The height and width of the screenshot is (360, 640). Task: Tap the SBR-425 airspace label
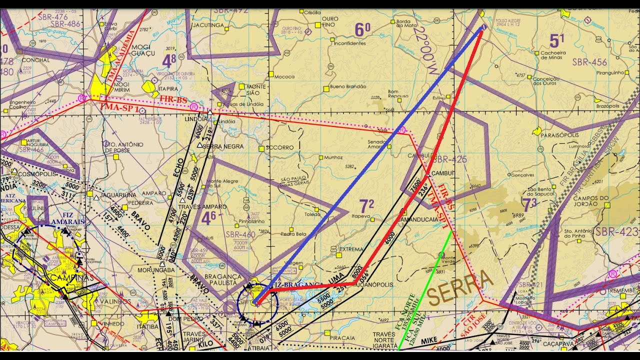click(x=448, y=159)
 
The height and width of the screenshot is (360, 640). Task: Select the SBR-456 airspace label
click(x=590, y=62)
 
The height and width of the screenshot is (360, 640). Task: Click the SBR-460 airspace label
click(x=240, y=234)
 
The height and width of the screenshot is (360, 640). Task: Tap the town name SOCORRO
click(x=279, y=147)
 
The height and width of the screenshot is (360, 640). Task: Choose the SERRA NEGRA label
click(x=223, y=146)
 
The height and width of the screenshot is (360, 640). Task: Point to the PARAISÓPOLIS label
click(x=559, y=135)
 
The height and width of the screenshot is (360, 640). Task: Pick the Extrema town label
click(x=351, y=249)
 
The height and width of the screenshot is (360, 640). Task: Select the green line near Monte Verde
click(x=425, y=290)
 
